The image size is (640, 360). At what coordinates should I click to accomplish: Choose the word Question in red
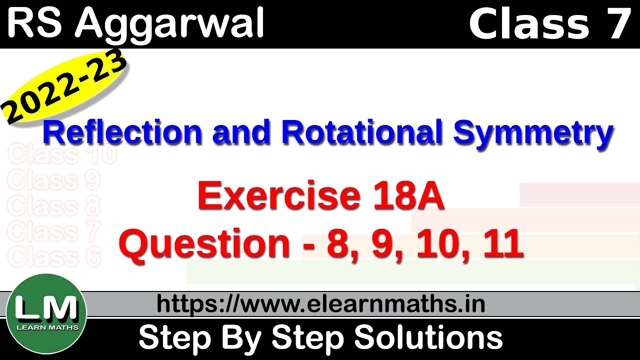204,244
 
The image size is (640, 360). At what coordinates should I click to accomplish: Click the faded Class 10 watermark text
62,154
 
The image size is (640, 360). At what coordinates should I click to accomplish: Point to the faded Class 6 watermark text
54,257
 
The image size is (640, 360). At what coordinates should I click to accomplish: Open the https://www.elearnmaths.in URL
321,303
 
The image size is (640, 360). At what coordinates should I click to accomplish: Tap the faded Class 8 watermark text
54,206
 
